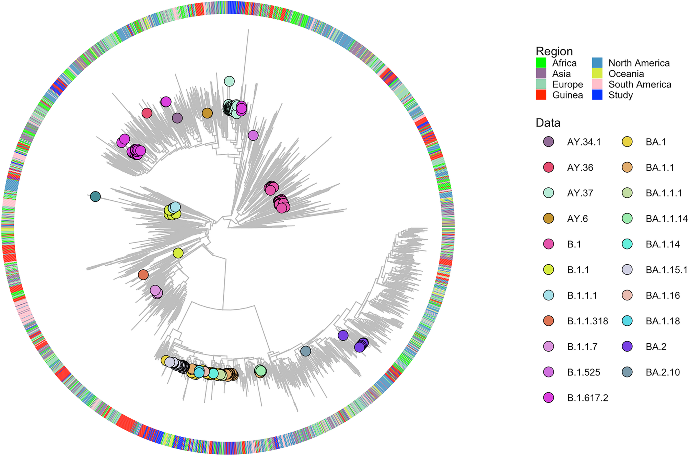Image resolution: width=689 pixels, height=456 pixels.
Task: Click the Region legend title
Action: click(x=554, y=51)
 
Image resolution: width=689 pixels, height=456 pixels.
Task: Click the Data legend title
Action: click(x=548, y=123)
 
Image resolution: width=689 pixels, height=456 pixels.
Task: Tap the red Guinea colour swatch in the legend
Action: click(x=541, y=95)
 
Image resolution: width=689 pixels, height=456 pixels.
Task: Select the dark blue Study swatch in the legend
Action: click(x=597, y=95)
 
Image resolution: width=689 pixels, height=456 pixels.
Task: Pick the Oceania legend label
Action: click(x=626, y=74)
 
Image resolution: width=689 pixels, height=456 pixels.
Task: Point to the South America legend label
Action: click(x=640, y=84)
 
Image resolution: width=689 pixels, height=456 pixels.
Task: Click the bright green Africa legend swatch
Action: click(x=541, y=63)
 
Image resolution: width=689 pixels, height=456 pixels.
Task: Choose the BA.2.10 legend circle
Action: click(x=627, y=372)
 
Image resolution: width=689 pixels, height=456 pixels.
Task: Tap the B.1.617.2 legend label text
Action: click(x=587, y=398)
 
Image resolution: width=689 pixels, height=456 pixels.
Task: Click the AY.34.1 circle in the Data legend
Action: click(x=549, y=142)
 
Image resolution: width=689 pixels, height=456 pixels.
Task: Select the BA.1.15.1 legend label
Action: click(x=666, y=270)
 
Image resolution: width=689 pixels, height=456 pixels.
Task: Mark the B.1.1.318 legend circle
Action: click(x=549, y=321)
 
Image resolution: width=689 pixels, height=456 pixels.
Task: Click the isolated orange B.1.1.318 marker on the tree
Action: click(x=143, y=274)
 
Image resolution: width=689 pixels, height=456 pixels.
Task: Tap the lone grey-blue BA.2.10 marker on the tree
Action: click(x=305, y=351)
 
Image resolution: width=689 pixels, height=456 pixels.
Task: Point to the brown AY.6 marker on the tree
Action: click(x=207, y=113)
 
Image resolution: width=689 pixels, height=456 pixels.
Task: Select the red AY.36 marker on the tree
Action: click(x=147, y=113)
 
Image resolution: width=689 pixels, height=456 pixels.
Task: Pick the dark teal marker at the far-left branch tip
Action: click(x=95, y=197)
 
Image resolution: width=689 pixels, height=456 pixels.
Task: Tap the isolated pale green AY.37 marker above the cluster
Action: click(x=229, y=81)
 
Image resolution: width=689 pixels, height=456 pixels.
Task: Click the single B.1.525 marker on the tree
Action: click(x=253, y=136)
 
